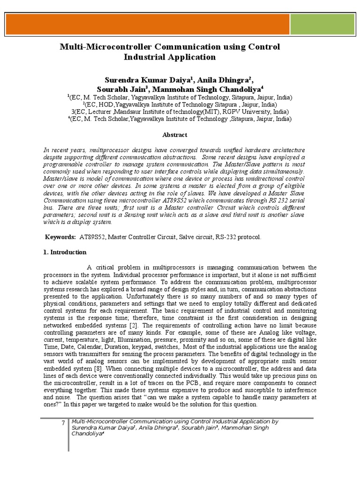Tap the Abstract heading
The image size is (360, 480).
click(175, 135)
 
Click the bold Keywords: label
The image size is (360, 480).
click(60, 237)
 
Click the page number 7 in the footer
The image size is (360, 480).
click(63, 424)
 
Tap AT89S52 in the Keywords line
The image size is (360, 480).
click(92, 237)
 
